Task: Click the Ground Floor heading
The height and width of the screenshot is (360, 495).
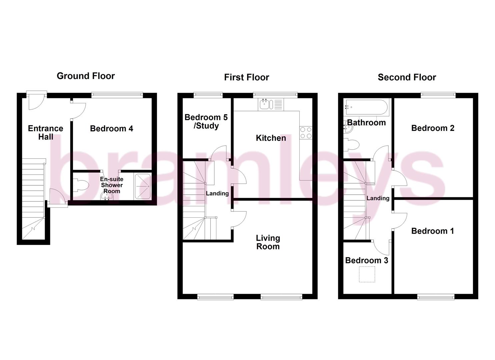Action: pyautogui.click(x=86, y=76)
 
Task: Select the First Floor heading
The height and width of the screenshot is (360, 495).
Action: pyautogui.click(x=246, y=77)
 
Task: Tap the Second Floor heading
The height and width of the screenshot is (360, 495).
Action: pyautogui.click(x=407, y=77)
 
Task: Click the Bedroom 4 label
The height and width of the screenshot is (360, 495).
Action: pyautogui.click(x=111, y=128)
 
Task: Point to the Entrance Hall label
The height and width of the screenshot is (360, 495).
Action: pyautogui.click(x=45, y=132)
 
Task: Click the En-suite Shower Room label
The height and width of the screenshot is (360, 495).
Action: pyautogui.click(x=112, y=185)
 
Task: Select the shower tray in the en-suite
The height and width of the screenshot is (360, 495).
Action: pyautogui.click(x=143, y=186)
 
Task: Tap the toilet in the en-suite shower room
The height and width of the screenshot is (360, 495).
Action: pyautogui.click(x=80, y=185)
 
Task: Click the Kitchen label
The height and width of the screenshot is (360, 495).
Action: pyautogui.click(x=271, y=138)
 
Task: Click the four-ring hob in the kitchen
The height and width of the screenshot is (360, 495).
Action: pyautogui.click(x=306, y=133)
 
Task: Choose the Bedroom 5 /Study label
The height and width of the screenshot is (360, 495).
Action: pyautogui.click(x=206, y=121)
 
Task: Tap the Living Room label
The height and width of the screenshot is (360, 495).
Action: pyautogui.click(x=268, y=242)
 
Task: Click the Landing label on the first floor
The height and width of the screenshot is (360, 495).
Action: pyautogui.click(x=217, y=193)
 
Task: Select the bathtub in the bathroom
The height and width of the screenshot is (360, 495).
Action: pyautogui.click(x=366, y=107)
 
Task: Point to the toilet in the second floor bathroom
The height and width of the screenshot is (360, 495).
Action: pyautogui.click(x=352, y=145)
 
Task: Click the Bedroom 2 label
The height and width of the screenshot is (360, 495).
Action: pyautogui.click(x=433, y=128)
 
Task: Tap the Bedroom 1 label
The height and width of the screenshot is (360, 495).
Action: pyautogui.click(x=432, y=231)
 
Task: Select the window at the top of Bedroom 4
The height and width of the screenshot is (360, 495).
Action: pyautogui.click(x=117, y=95)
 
